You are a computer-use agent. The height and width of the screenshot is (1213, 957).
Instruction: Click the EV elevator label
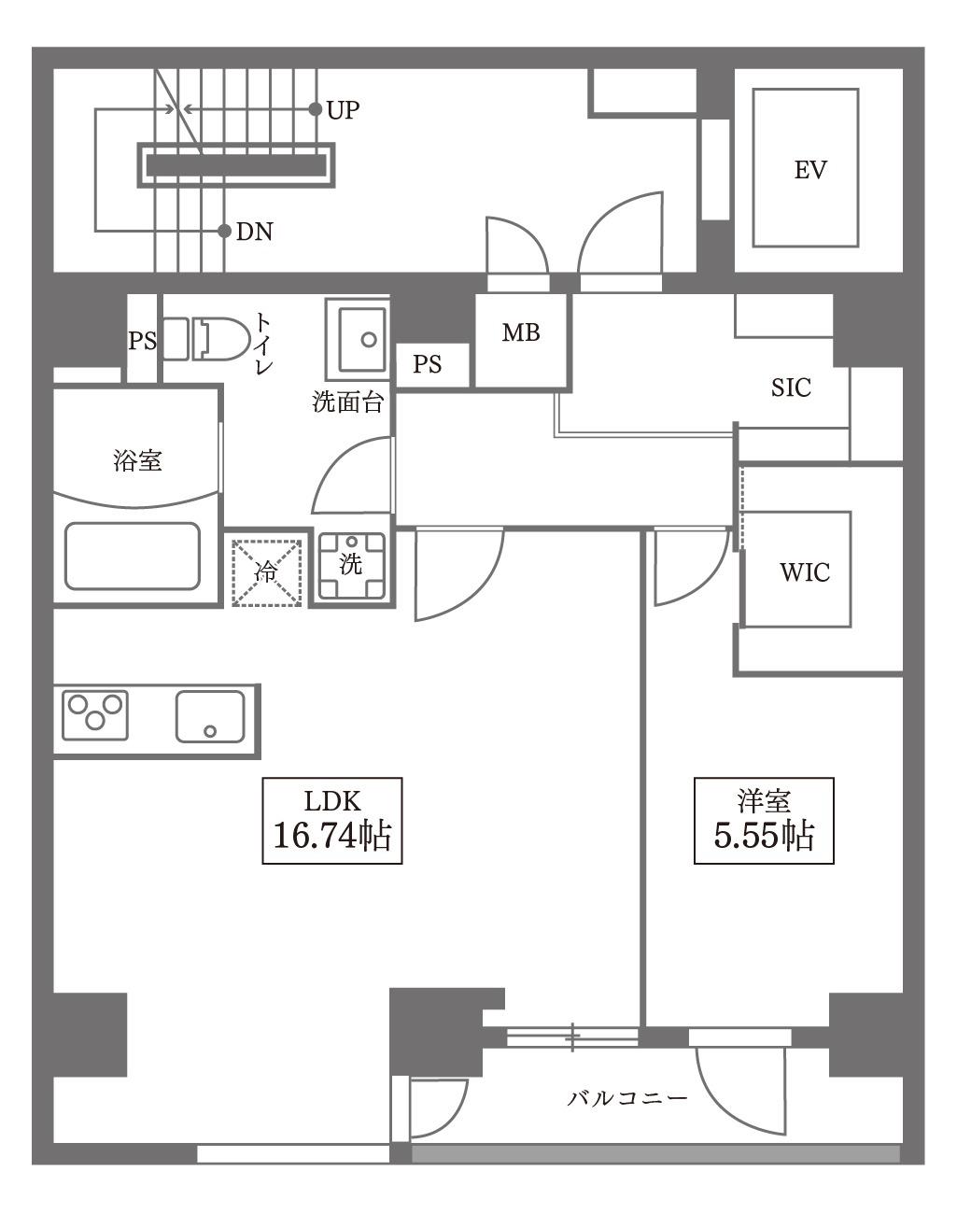tap(809, 170)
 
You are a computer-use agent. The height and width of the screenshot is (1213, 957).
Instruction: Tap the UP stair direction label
tap(343, 109)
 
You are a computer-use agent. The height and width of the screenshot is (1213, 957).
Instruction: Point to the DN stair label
tap(254, 231)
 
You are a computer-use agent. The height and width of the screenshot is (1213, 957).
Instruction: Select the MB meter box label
tap(521, 332)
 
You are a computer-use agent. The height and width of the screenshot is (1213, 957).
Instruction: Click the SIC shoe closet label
tap(791, 388)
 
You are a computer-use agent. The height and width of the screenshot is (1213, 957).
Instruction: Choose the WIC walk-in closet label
tap(805, 572)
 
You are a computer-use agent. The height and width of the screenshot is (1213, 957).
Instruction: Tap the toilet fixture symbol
tap(207, 339)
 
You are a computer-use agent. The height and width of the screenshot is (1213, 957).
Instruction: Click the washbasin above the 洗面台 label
tap(358, 340)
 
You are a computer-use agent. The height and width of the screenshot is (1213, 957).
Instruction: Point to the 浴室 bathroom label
tap(137, 460)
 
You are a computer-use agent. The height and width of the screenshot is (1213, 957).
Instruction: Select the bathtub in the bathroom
tap(133, 557)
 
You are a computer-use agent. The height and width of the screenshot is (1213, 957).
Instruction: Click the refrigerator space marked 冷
tap(267, 572)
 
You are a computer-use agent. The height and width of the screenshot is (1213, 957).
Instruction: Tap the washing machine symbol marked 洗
tap(352, 565)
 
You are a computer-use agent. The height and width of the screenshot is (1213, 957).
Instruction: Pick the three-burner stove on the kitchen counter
tap(94, 715)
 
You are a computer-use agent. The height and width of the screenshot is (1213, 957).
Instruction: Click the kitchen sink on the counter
tap(210, 716)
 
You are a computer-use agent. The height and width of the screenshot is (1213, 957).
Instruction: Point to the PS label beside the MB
tap(427, 364)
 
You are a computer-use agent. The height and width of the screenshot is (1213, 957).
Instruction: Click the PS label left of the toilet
tap(142, 341)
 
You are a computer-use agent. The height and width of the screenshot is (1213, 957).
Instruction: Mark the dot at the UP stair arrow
tap(316, 108)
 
